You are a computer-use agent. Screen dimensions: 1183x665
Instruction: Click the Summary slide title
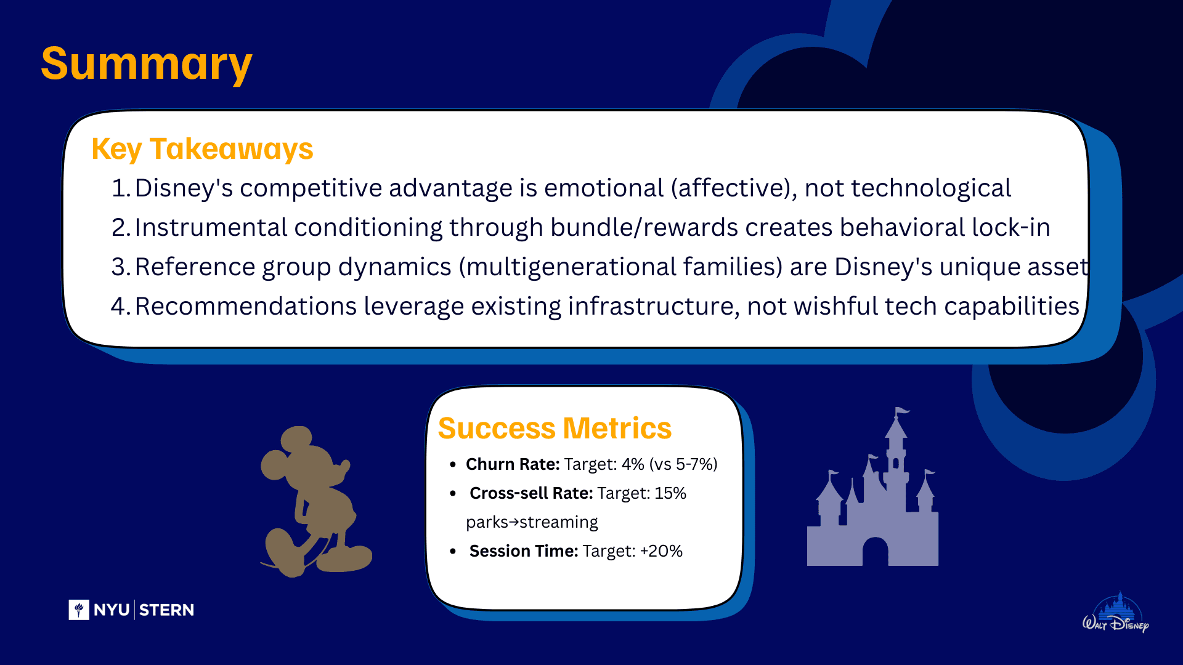147,64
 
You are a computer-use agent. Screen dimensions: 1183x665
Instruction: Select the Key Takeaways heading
202,149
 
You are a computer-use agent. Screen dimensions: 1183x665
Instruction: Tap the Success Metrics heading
555,428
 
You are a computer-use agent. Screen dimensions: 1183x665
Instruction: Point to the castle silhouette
872,486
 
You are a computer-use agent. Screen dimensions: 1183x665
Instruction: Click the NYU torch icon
79,610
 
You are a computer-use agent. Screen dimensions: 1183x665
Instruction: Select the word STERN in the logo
166,610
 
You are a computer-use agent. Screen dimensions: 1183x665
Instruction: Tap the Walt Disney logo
1116,614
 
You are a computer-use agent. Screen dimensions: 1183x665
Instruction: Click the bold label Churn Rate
513,464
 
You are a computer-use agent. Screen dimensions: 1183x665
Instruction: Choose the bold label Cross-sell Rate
531,493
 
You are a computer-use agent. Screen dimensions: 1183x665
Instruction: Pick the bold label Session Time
524,551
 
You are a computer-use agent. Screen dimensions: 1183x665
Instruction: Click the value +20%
661,551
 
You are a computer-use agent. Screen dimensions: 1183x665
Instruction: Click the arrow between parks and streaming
514,522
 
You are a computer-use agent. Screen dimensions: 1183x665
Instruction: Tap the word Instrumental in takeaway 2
211,227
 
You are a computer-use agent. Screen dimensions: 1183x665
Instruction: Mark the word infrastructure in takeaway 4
654,306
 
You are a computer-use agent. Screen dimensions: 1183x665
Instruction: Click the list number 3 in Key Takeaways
118,267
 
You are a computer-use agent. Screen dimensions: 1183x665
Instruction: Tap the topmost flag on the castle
903,411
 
